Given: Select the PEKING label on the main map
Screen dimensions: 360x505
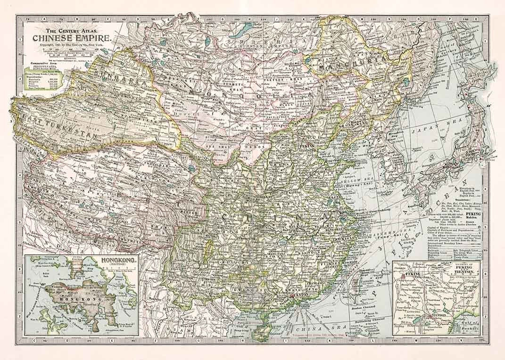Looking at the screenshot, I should pyautogui.click(x=309, y=147).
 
